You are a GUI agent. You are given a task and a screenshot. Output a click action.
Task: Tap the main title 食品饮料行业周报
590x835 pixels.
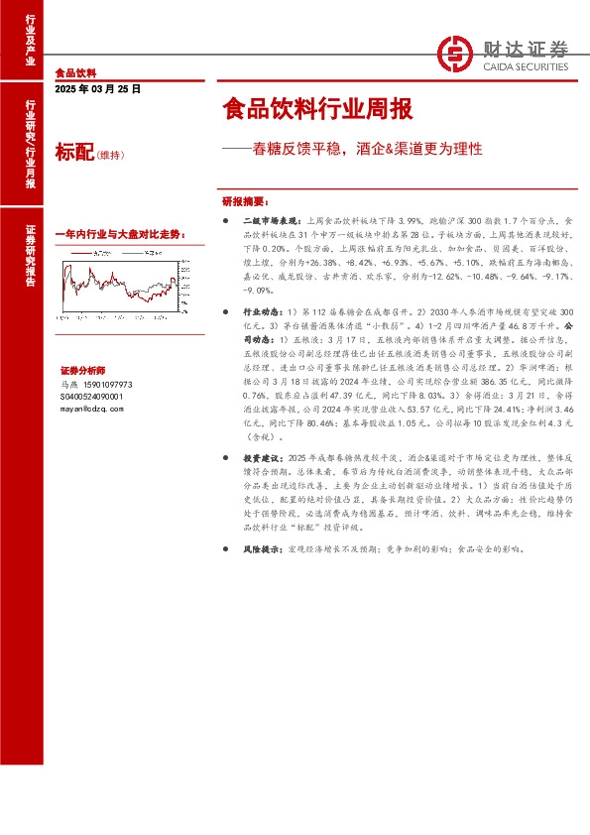pos(316,108)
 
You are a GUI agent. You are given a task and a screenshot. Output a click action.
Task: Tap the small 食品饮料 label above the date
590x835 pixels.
pos(75,73)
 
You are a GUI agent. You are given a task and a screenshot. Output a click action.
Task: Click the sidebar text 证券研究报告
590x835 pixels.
pos(29,256)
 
